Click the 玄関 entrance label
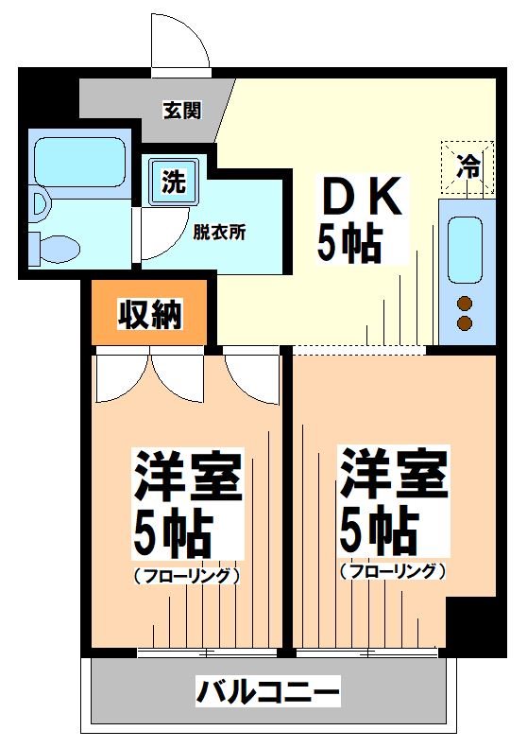[181, 111]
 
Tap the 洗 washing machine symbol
[173, 181]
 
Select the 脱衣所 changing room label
[219, 233]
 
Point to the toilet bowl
[58, 248]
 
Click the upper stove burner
[465, 304]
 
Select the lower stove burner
[465, 323]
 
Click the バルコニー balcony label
[267, 692]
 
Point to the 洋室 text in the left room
[188, 477]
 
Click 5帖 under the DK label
[348, 244]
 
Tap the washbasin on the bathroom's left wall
[38, 202]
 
